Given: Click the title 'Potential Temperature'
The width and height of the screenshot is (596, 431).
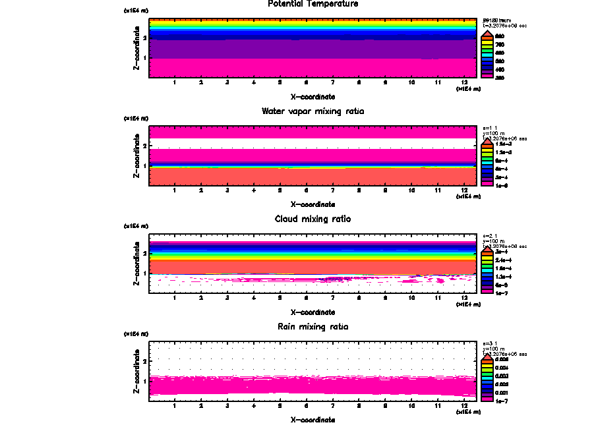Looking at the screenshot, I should point(313,4).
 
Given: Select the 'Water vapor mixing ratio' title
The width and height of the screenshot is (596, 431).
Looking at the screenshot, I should point(313,111).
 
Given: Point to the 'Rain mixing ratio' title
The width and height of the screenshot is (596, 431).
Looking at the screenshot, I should point(313,326).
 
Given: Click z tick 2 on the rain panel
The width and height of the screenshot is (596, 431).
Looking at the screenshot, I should point(144,361).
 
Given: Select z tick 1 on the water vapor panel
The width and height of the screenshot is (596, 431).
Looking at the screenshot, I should point(144,165).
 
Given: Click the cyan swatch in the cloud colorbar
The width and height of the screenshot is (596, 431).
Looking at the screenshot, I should point(486,269).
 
